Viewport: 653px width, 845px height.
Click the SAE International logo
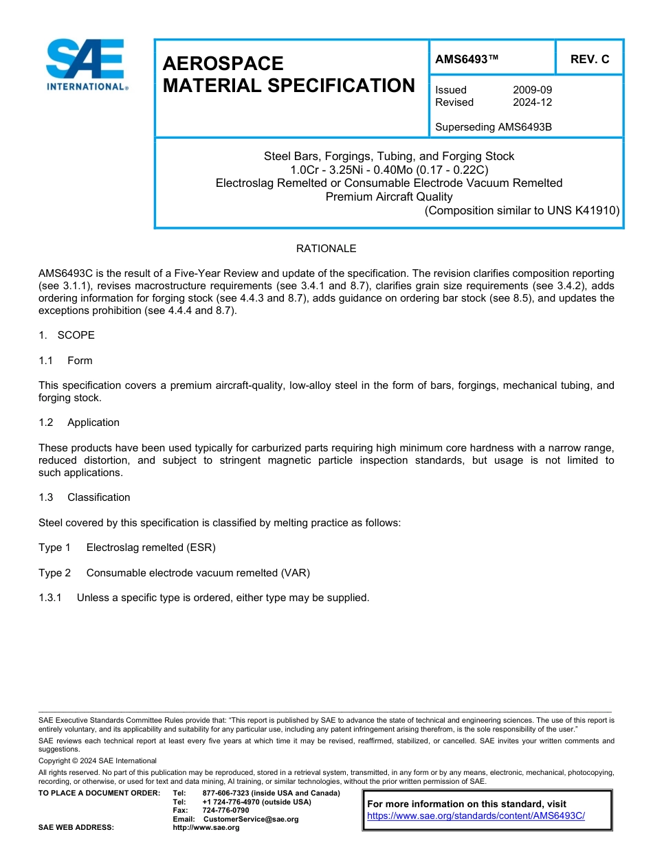tap(85, 65)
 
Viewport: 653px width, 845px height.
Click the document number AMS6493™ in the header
tap(467, 60)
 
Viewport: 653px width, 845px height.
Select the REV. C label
tap(590, 60)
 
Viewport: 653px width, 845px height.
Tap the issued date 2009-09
tap(532, 90)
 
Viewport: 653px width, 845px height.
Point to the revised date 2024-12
tap(532, 102)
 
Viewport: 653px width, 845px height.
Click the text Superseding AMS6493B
tap(494, 127)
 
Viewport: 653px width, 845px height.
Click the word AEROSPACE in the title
tap(223, 64)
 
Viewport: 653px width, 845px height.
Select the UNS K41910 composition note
tap(522, 210)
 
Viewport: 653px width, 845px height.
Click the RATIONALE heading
tap(326, 248)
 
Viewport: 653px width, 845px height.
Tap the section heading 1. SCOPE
tap(67, 335)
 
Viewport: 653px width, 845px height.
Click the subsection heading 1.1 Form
tap(65, 361)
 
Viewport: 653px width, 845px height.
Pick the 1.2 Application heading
tap(79, 422)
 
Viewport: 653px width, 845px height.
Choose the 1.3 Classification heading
tap(85, 497)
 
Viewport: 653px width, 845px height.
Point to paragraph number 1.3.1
tap(50, 598)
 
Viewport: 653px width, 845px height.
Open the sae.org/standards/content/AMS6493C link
tap(476, 816)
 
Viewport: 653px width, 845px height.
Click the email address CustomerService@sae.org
tap(251, 819)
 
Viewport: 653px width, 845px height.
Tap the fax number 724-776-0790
tap(225, 811)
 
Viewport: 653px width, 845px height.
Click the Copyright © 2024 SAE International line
tap(98, 761)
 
